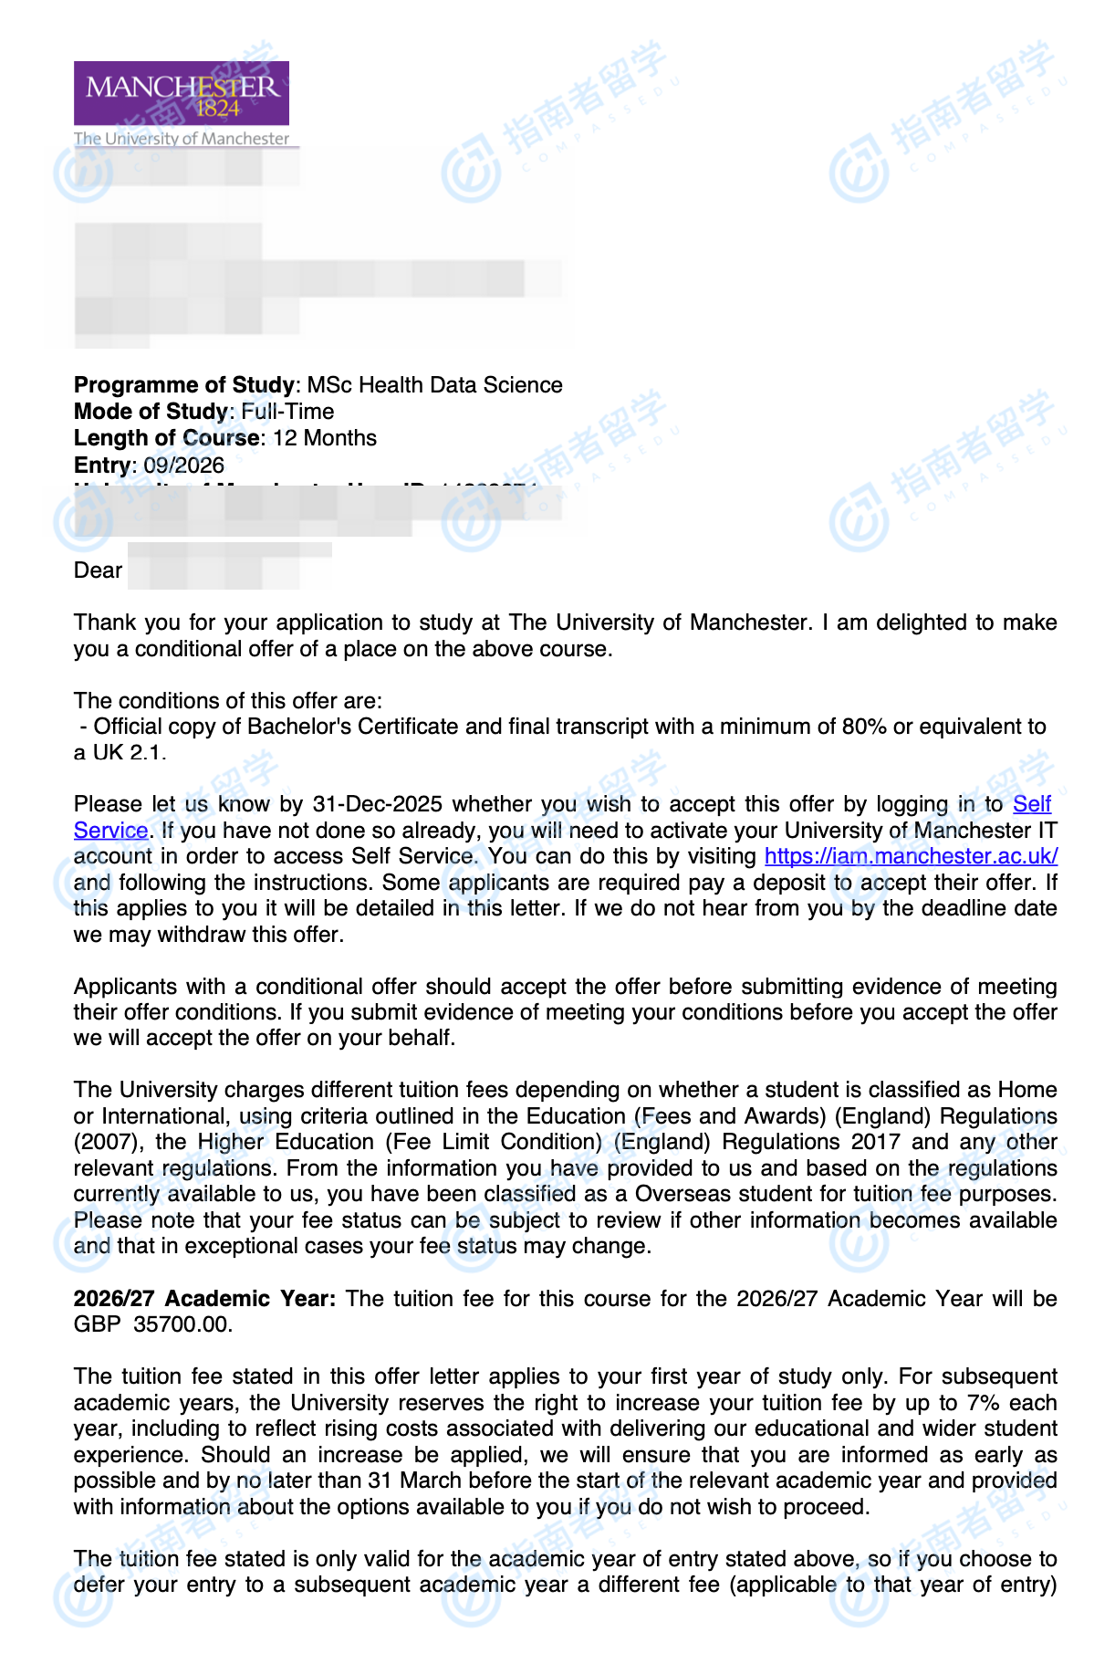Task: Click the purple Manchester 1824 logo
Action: [182, 93]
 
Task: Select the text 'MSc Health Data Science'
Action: [435, 385]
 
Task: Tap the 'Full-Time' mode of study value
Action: [287, 412]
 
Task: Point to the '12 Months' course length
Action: [325, 438]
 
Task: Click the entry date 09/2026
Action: [183, 465]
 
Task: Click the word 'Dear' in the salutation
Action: [98, 570]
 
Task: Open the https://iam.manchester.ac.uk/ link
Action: [911, 856]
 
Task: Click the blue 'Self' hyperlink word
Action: [1032, 804]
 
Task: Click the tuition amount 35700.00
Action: [182, 1324]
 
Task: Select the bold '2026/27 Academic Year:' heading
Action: [204, 1299]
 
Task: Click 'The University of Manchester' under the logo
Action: [182, 139]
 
